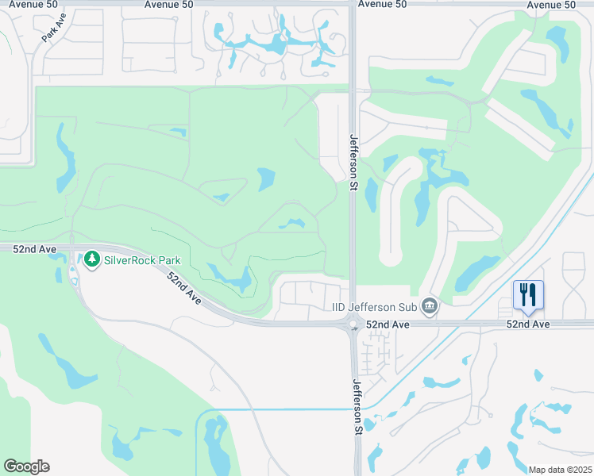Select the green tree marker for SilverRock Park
pyautogui.click(x=92, y=259)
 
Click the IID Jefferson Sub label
pyautogui.click(x=374, y=307)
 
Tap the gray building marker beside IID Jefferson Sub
pyautogui.click(x=430, y=306)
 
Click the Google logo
pyautogui.click(x=26, y=466)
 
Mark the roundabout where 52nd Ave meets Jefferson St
pyautogui.click(x=352, y=324)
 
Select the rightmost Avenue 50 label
pyautogui.click(x=550, y=5)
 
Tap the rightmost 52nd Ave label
pyautogui.click(x=528, y=324)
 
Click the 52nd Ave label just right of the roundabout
pyautogui.click(x=388, y=324)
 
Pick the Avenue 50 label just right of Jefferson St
pyautogui.click(x=382, y=4)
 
